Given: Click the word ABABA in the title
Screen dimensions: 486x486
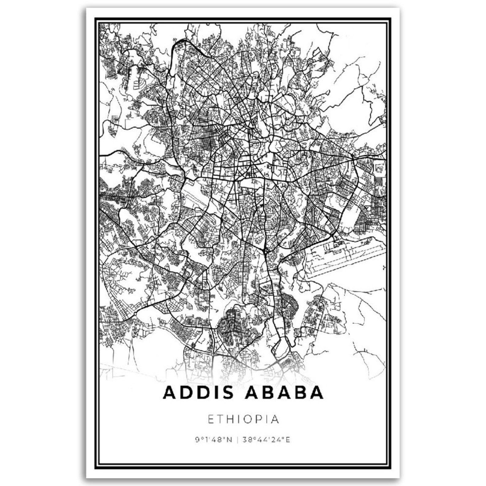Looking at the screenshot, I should (x=284, y=393).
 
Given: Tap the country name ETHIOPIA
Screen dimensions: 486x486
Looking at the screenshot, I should (x=244, y=419).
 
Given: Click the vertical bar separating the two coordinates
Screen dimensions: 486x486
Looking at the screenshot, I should (x=237, y=440).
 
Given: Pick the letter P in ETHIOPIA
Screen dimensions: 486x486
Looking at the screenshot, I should (x=263, y=419).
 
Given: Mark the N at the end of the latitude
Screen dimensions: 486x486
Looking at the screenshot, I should (x=230, y=440).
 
